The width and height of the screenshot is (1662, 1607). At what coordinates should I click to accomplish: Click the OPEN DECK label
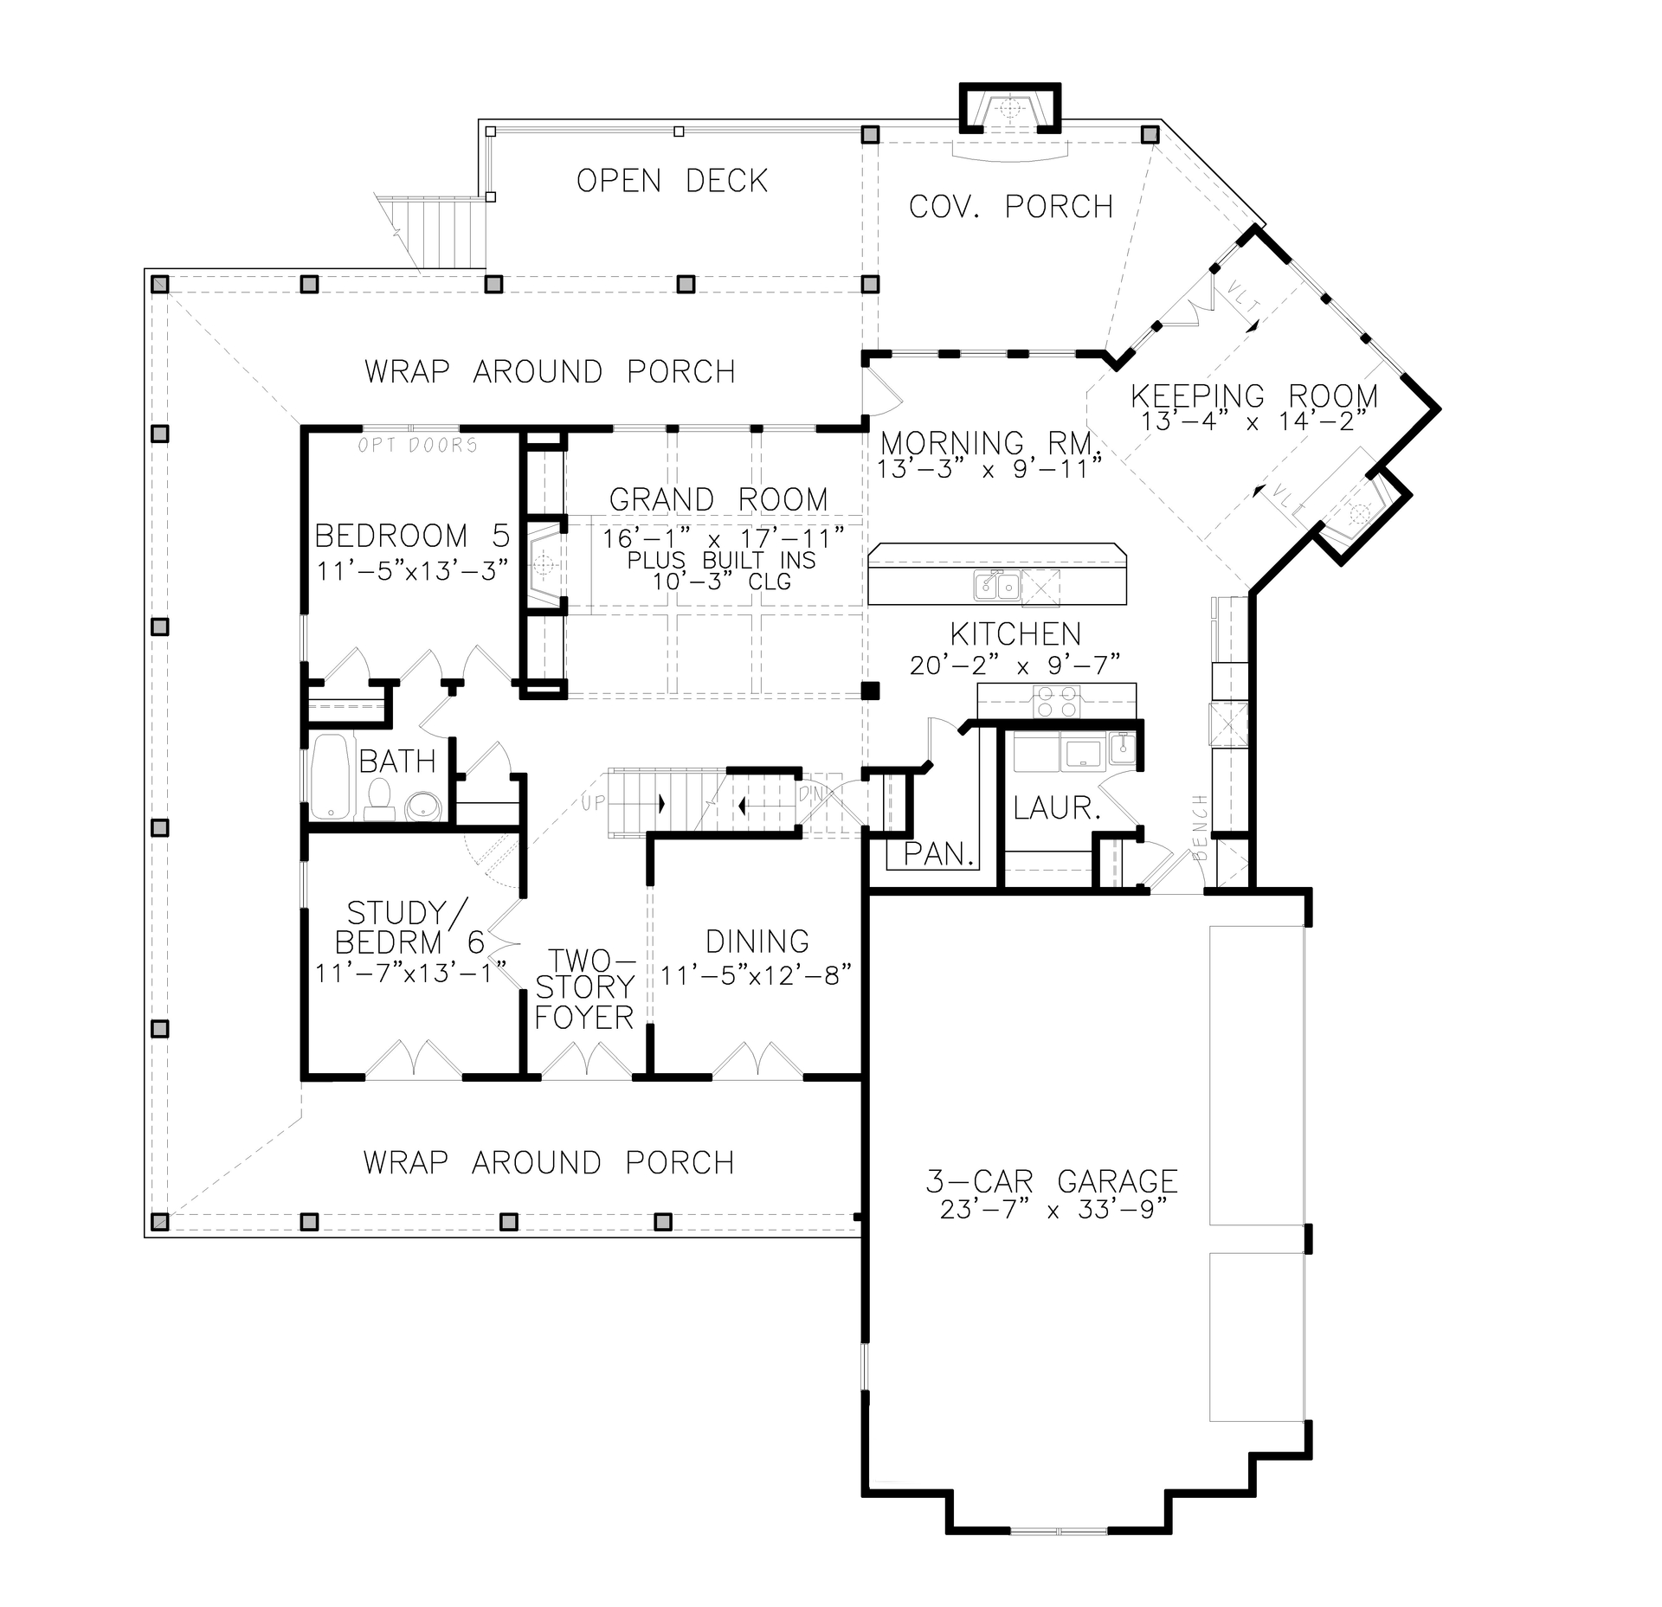tap(672, 181)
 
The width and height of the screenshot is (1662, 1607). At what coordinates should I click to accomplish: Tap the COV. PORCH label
tap(1010, 207)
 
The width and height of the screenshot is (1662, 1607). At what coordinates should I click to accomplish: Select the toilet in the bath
tap(378, 799)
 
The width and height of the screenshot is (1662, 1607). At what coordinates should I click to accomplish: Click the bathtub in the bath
tap(330, 776)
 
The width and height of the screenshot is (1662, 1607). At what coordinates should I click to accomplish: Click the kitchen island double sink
tap(996, 586)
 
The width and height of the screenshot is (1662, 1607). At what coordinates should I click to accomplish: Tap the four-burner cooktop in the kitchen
tap(1057, 701)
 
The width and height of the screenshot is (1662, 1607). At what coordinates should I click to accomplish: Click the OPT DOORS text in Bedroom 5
tap(418, 445)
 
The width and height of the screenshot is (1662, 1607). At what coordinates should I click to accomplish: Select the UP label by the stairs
tap(593, 802)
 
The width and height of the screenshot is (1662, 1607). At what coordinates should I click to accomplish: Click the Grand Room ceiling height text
tap(722, 582)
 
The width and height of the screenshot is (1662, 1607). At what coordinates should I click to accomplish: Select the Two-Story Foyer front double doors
tap(585, 1062)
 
